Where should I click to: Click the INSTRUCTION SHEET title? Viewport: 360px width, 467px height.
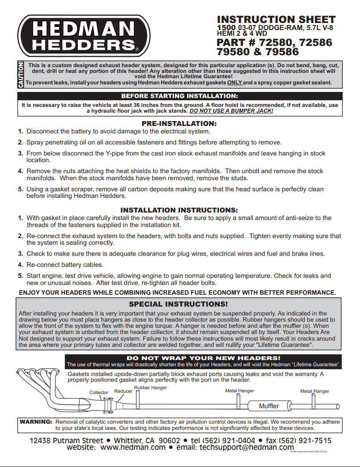(x=276, y=20)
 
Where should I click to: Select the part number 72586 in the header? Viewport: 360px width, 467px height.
(x=316, y=43)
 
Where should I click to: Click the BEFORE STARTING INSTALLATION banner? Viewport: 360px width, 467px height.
(x=180, y=96)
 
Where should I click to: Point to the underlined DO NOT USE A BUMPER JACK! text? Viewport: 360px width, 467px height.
(x=231, y=111)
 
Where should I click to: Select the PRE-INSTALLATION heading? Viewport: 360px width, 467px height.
(x=179, y=123)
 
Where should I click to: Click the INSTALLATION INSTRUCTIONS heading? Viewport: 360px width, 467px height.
(x=179, y=210)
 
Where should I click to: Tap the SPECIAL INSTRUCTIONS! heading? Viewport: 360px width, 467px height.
(x=178, y=304)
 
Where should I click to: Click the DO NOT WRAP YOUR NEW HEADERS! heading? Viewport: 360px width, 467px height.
(x=203, y=358)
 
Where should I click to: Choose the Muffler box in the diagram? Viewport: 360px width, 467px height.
(x=269, y=406)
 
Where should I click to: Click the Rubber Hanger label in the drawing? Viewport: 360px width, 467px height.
(x=150, y=388)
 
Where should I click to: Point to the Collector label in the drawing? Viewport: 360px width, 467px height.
(x=99, y=392)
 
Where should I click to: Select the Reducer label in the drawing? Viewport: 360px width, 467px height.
(x=123, y=391)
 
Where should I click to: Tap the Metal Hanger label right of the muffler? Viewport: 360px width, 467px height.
(x=314, y=391)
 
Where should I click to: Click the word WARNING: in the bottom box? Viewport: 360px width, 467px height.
(x=36, y=422)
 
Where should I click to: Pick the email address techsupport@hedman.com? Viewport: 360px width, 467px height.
(x=247, y=447)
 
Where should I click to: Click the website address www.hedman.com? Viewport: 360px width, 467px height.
(x=133, y=447)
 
